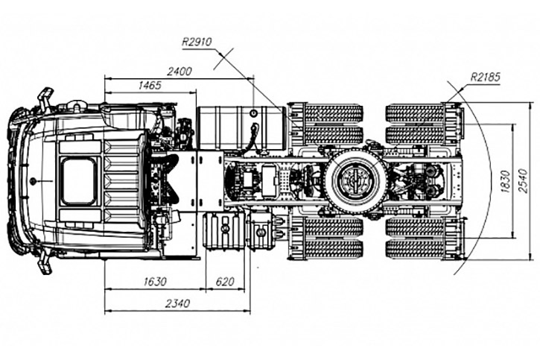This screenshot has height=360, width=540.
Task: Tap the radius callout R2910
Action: (x=197, y=42)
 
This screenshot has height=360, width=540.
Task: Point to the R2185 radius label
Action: (x=485, y=76)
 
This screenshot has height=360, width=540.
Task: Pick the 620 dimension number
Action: (x=225, y=281)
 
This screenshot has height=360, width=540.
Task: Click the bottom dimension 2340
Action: (x=177, y=303)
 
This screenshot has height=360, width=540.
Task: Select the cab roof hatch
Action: (x=78, y=181)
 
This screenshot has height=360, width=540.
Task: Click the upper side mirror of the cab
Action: (x=45, y=97)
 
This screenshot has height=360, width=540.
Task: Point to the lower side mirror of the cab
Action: (x=45, y=264)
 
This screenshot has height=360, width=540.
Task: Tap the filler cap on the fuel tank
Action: (x=254, y=113)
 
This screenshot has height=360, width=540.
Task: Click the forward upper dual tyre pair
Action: (x=332, y=123)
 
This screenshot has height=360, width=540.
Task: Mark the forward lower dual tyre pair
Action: (x=332, y=238)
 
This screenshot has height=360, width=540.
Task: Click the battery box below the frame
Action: (x=223, y=232)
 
